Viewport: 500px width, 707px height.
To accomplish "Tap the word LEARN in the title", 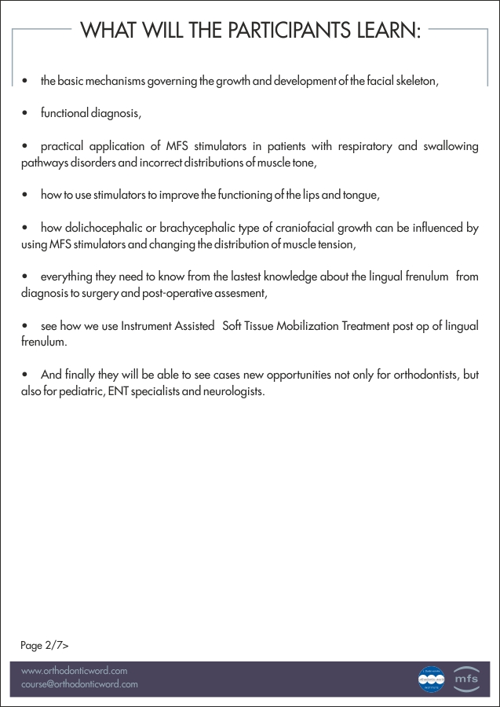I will pyautogui.click(x=385, y=31).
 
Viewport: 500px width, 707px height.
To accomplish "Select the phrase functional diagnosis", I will pyautogui.click(x=90, y=113).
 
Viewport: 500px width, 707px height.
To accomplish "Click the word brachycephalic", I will pyautogui.click(x=198, y=228).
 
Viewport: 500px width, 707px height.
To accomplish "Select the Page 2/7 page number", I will pyautogui.click(x=44, y=646).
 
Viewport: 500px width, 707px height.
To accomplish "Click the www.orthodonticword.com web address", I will pyautogui.click(x=74, y=672).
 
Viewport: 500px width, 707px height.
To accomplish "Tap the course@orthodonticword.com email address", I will pyautogui.click(x=79, y=684).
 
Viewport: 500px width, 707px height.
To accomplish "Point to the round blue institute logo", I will pyautogui.click(x=431, y=679).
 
